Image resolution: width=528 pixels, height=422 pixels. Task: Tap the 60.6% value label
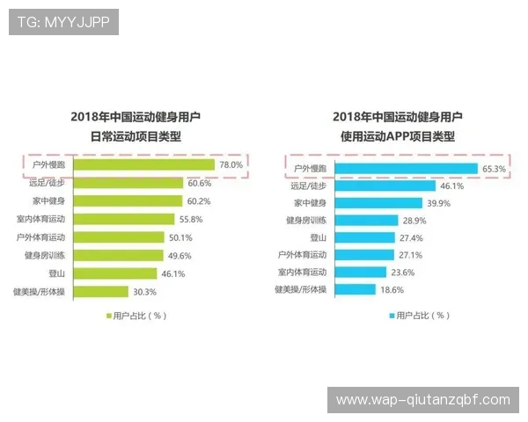pyautogui.click(x=198, y=183)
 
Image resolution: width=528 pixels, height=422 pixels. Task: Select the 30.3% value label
pyautogui.click(x=143, y=292)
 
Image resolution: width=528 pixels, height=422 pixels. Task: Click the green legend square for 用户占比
pyautogui.click(x=109, y=315)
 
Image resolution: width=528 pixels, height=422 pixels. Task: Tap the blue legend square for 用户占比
pyautogui.click(x=391, y=315)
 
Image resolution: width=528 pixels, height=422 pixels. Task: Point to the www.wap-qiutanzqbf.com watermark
pyautogui.click(x=423, y=400)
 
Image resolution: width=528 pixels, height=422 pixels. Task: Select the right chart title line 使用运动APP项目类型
pyautogui.click(x=398, y=136)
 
